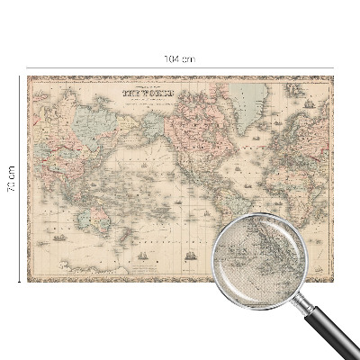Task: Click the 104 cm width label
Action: (x=179, y=59)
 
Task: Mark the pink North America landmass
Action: (x=202, y=126)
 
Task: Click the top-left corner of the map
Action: (x=28, y=77)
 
